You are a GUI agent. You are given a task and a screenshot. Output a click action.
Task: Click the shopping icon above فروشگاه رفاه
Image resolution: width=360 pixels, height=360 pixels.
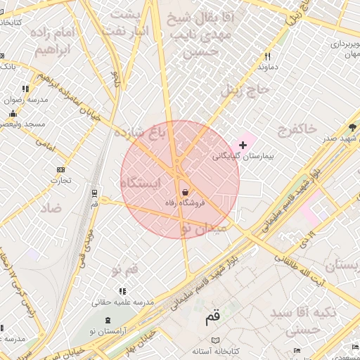coord(185,192)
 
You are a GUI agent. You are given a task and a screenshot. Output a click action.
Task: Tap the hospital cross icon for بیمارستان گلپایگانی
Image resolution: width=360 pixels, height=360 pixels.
coord(243,144)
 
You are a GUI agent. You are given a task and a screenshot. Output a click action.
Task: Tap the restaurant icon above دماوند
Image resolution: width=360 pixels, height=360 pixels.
coord(267,57)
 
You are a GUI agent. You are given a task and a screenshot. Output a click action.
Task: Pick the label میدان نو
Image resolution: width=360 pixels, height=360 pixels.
coord(203,229)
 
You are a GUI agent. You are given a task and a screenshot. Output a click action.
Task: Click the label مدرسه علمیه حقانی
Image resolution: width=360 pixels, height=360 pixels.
coord(123,302)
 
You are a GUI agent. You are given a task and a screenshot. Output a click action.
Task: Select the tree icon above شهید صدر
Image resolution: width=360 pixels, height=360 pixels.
coord(352,127)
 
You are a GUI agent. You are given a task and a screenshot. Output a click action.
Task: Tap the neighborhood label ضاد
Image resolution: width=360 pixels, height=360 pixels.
coord(51,208)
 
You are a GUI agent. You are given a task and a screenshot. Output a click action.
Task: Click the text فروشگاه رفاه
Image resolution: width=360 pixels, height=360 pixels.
coord(184,203)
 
